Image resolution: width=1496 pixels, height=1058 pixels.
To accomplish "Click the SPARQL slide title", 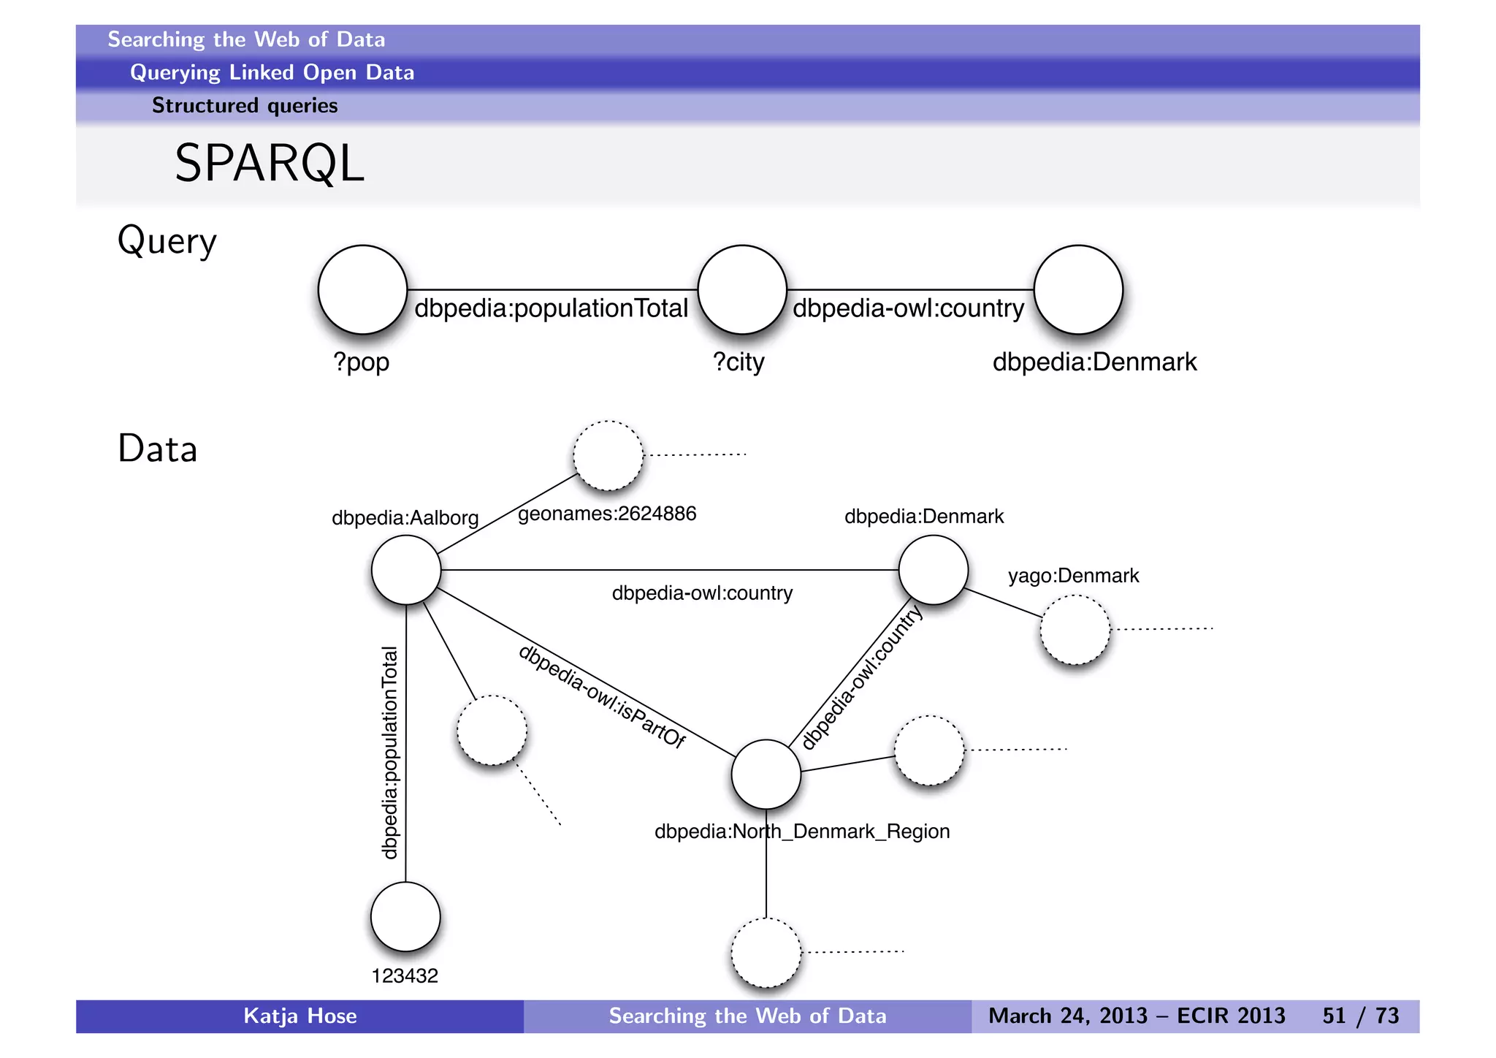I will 269,163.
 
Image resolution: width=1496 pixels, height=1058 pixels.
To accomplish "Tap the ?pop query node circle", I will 362,289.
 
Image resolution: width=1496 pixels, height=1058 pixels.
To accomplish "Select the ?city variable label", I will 739,362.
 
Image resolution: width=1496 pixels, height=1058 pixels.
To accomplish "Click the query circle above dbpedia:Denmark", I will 1078,289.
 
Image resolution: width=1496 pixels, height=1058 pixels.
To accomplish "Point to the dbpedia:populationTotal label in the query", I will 551,308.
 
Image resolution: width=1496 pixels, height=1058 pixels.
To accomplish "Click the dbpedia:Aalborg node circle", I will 406,570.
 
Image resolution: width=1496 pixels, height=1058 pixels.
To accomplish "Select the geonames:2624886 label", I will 607,514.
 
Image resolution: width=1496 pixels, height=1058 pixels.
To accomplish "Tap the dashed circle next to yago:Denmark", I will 1075,630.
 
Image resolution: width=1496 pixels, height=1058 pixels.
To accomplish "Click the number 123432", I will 405,976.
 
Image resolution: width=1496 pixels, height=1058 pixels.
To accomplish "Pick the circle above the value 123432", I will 405,916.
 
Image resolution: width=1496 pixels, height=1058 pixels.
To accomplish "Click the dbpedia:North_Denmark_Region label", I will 802,831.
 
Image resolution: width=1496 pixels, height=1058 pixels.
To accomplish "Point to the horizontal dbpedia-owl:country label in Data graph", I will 702,593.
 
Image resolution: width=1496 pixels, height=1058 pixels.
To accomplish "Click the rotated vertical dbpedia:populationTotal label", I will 390,753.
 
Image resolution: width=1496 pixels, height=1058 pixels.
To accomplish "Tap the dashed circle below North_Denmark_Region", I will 766,952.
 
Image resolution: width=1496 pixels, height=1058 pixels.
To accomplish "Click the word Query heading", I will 167,241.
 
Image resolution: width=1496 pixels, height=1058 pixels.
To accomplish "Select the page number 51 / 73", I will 1360,1016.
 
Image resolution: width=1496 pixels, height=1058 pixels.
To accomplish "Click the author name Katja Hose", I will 299,1016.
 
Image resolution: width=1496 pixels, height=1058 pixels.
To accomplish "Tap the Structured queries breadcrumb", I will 245,106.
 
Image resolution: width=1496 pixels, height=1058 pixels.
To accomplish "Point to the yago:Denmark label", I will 1073,576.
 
